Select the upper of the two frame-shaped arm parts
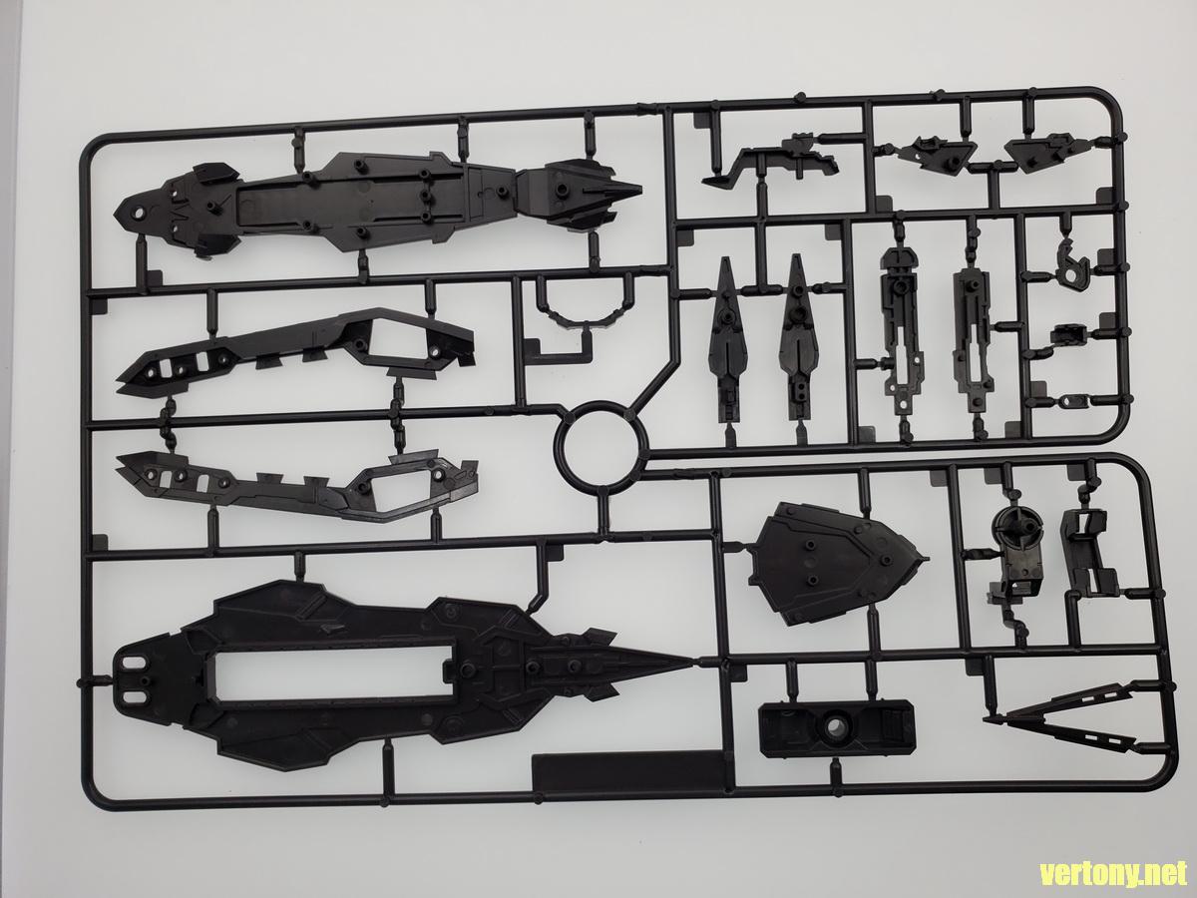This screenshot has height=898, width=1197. pyautogui.click(x=299, y=350)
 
